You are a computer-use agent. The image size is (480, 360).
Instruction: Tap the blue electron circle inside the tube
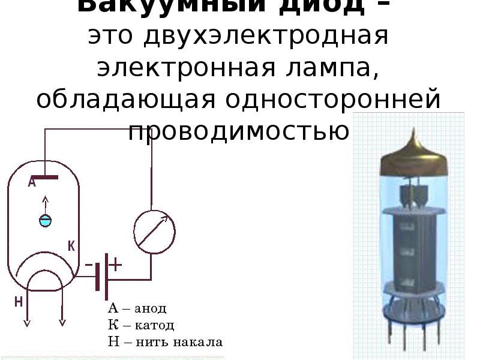pos(45,220)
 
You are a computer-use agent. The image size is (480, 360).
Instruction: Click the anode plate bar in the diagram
pos(45,178)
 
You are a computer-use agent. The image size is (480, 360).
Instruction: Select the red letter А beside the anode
pos(32,183)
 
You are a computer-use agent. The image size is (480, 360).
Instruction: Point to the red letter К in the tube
pos(71,246)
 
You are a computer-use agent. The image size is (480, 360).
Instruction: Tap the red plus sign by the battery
pos(115,264)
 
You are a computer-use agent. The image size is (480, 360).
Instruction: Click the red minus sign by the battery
pos(89,264)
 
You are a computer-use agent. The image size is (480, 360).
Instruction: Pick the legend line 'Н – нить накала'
pos(164,343)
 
